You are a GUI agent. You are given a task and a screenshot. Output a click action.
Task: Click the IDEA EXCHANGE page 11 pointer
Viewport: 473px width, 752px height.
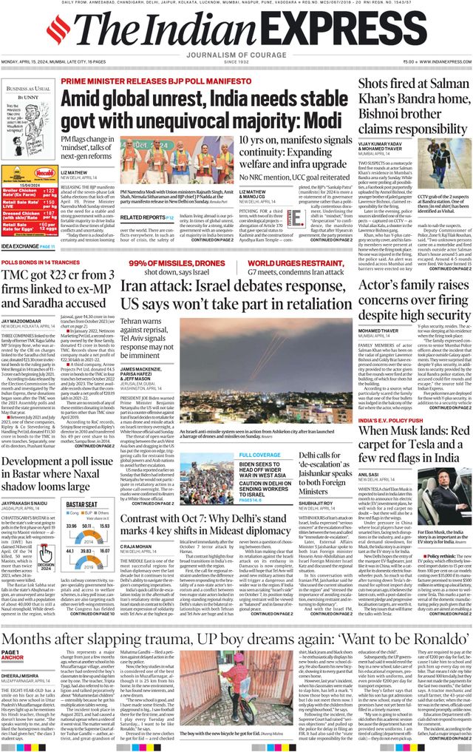click(x=28, y=245)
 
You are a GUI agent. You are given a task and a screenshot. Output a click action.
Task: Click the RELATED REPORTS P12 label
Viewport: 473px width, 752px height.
click(x=147, y=218)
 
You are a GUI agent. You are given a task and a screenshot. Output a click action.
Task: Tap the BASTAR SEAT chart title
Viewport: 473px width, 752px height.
click(x=82, y=504)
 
